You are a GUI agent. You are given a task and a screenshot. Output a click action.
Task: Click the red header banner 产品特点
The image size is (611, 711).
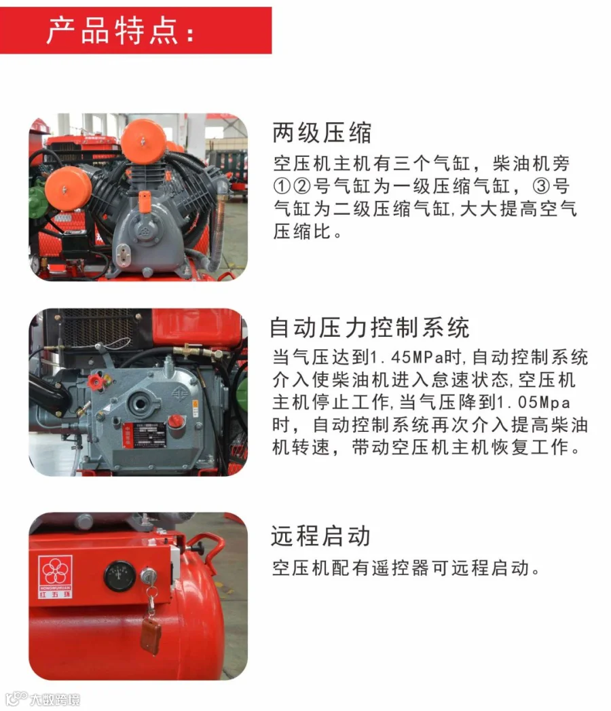pyautogui.click(x=136, y=31)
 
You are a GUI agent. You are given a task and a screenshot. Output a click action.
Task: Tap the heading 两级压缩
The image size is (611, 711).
pyautogui.click(x=322, y=133)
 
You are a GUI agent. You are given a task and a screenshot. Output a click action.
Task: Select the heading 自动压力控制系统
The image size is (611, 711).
pyautogui.click(x=370, y=327)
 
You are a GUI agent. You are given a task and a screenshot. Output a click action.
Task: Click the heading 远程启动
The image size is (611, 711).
pyautogui.click(x=320, y=536)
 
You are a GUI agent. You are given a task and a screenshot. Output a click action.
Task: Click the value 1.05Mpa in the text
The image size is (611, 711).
pyautogui.click(x=534, y=402)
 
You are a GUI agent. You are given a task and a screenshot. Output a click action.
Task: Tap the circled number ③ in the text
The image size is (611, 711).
pyautogui.click(x=540, y=186)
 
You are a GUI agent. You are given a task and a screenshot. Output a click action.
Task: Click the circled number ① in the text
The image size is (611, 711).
pyautogui.click(x=282, y=186)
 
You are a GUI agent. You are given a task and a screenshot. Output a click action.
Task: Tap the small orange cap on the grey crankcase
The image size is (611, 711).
pyautogui.click(x=144, y=202)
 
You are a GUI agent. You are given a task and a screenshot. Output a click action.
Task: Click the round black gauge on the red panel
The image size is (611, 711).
pyautogui.click(x=119, y=576)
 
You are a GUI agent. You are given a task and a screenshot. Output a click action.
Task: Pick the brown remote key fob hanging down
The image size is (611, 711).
pyautogui.click(x=151, y=635)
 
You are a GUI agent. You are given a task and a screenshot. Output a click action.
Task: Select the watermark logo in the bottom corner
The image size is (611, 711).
pyautogui.click(x=43, y=699)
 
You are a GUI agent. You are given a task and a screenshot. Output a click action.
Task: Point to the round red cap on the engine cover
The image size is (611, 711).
pyautogui.click(x=176, y=421)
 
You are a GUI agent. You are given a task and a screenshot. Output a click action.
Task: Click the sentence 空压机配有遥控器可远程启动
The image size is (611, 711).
pyautogui.click(x=406, y=568)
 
